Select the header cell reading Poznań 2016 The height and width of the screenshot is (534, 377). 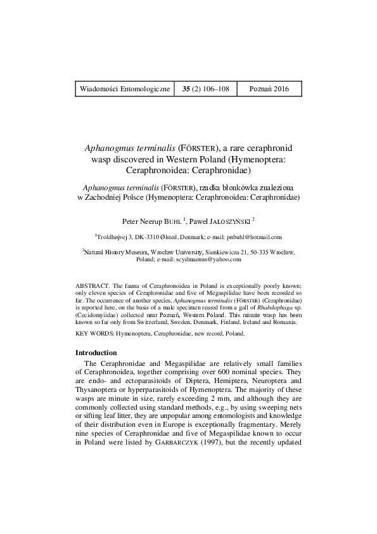(269, 89)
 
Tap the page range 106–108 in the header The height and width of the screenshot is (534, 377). (215, 89)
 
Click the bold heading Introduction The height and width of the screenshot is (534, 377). (96, 352)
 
